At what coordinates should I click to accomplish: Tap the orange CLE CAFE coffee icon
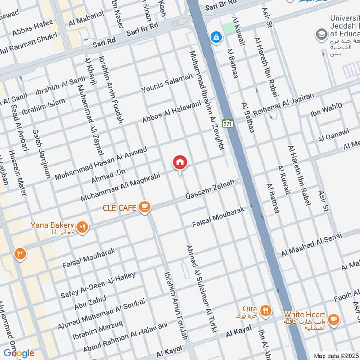click(x=145, y=207)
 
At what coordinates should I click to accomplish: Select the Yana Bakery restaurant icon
click(x=81, y=227)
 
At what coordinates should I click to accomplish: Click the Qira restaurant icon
click(x=265, y=310)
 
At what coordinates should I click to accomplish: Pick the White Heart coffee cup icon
click(x=333, y=319)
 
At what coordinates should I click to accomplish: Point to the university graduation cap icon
click(x=321, y=34)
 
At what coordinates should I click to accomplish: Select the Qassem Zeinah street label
click(x=210, y=191)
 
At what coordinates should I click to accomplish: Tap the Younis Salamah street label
click(x=167, y=85)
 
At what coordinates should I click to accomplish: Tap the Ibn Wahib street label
click(x=326, y=109)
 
